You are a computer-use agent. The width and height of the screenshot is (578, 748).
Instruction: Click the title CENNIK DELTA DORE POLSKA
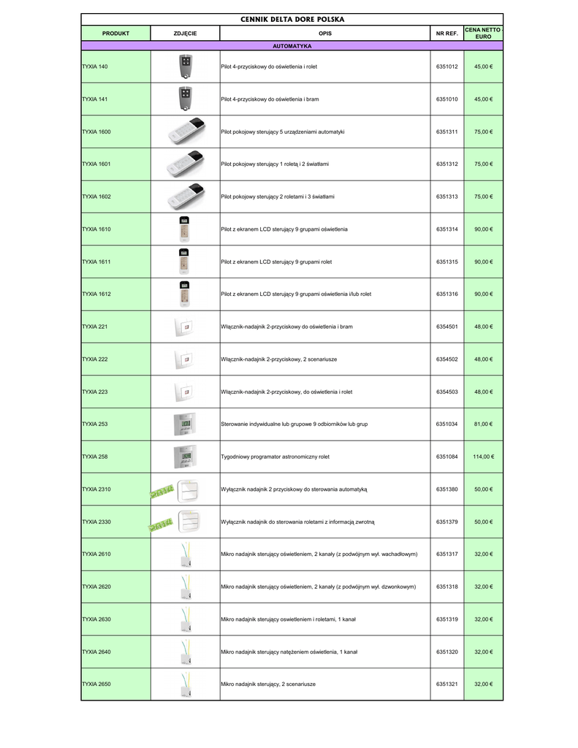292,19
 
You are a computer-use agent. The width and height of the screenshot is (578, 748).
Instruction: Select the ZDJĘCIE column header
185,34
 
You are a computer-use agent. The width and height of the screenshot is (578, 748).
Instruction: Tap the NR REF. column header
446,34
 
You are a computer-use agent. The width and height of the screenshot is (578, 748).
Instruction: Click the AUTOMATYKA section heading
292,46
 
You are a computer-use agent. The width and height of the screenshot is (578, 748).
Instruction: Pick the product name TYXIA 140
95,66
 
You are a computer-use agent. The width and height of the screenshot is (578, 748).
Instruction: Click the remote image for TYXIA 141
185,98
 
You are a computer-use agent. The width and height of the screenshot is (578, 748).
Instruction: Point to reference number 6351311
446,131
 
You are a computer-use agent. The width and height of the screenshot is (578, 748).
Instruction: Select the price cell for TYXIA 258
483,457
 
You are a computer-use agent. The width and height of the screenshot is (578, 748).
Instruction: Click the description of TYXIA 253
294,424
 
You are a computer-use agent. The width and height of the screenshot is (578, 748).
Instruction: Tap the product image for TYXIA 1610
185,229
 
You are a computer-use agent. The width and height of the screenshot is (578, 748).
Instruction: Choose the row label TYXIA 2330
96,522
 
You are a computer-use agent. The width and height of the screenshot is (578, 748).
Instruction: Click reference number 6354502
446,359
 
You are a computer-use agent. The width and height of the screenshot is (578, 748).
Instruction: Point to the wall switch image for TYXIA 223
185,392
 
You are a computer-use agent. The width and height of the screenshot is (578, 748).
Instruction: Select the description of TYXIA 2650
268,684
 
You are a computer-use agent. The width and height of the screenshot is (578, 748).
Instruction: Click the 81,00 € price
483,424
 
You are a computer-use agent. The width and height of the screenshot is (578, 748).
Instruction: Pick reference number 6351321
446,684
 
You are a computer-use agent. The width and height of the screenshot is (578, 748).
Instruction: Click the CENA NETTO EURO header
483,34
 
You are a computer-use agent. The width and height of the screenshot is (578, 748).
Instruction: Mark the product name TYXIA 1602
96,196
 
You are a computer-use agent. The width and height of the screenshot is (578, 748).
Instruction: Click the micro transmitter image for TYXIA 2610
185,554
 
